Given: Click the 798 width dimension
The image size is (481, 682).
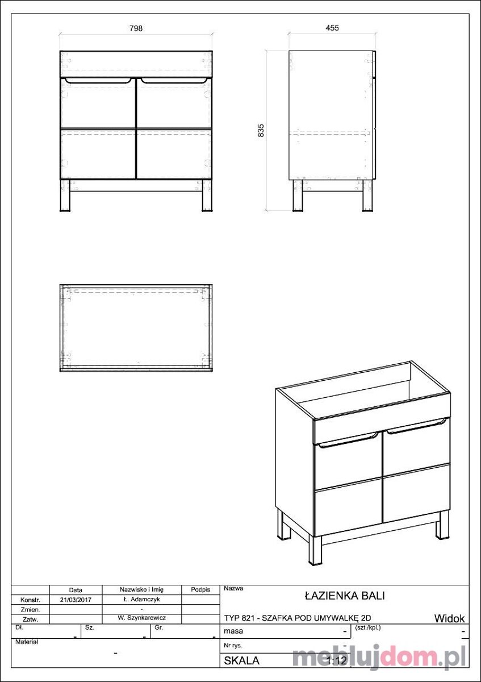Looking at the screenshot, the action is [x=136, y=28].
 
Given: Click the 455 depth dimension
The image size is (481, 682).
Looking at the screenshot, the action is [x=332, y=28].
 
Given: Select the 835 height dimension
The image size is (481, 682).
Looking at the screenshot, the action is [x=261, y=130].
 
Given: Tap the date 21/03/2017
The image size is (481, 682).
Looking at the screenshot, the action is [x=76, y=600].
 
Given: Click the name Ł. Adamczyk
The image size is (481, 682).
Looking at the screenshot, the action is [x=143, y=599].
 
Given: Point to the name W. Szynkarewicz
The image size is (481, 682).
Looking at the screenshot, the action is [x=143, y=618].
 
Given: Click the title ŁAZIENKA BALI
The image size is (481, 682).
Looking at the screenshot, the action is [x=345, y=596].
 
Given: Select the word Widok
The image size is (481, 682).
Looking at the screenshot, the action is [x=449, y=618].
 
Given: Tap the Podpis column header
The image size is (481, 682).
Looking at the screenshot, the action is [x=200, y=590].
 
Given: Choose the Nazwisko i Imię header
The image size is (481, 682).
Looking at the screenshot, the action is [x=141, y=589].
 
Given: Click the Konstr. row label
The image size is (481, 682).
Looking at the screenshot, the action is [x=31, y=600].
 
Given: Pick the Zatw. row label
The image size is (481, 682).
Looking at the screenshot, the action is [x=31, y=619].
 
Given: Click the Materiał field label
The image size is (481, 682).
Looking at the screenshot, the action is [x=27, y=642].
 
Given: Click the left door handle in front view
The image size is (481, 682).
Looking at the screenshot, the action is [x=98, y=80].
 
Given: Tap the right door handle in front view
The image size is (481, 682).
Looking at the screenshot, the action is [x=174, y=80].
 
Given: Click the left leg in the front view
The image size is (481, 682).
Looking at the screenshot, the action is [x=65, y=196].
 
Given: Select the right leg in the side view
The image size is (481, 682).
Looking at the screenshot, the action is [x=367, y=196].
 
